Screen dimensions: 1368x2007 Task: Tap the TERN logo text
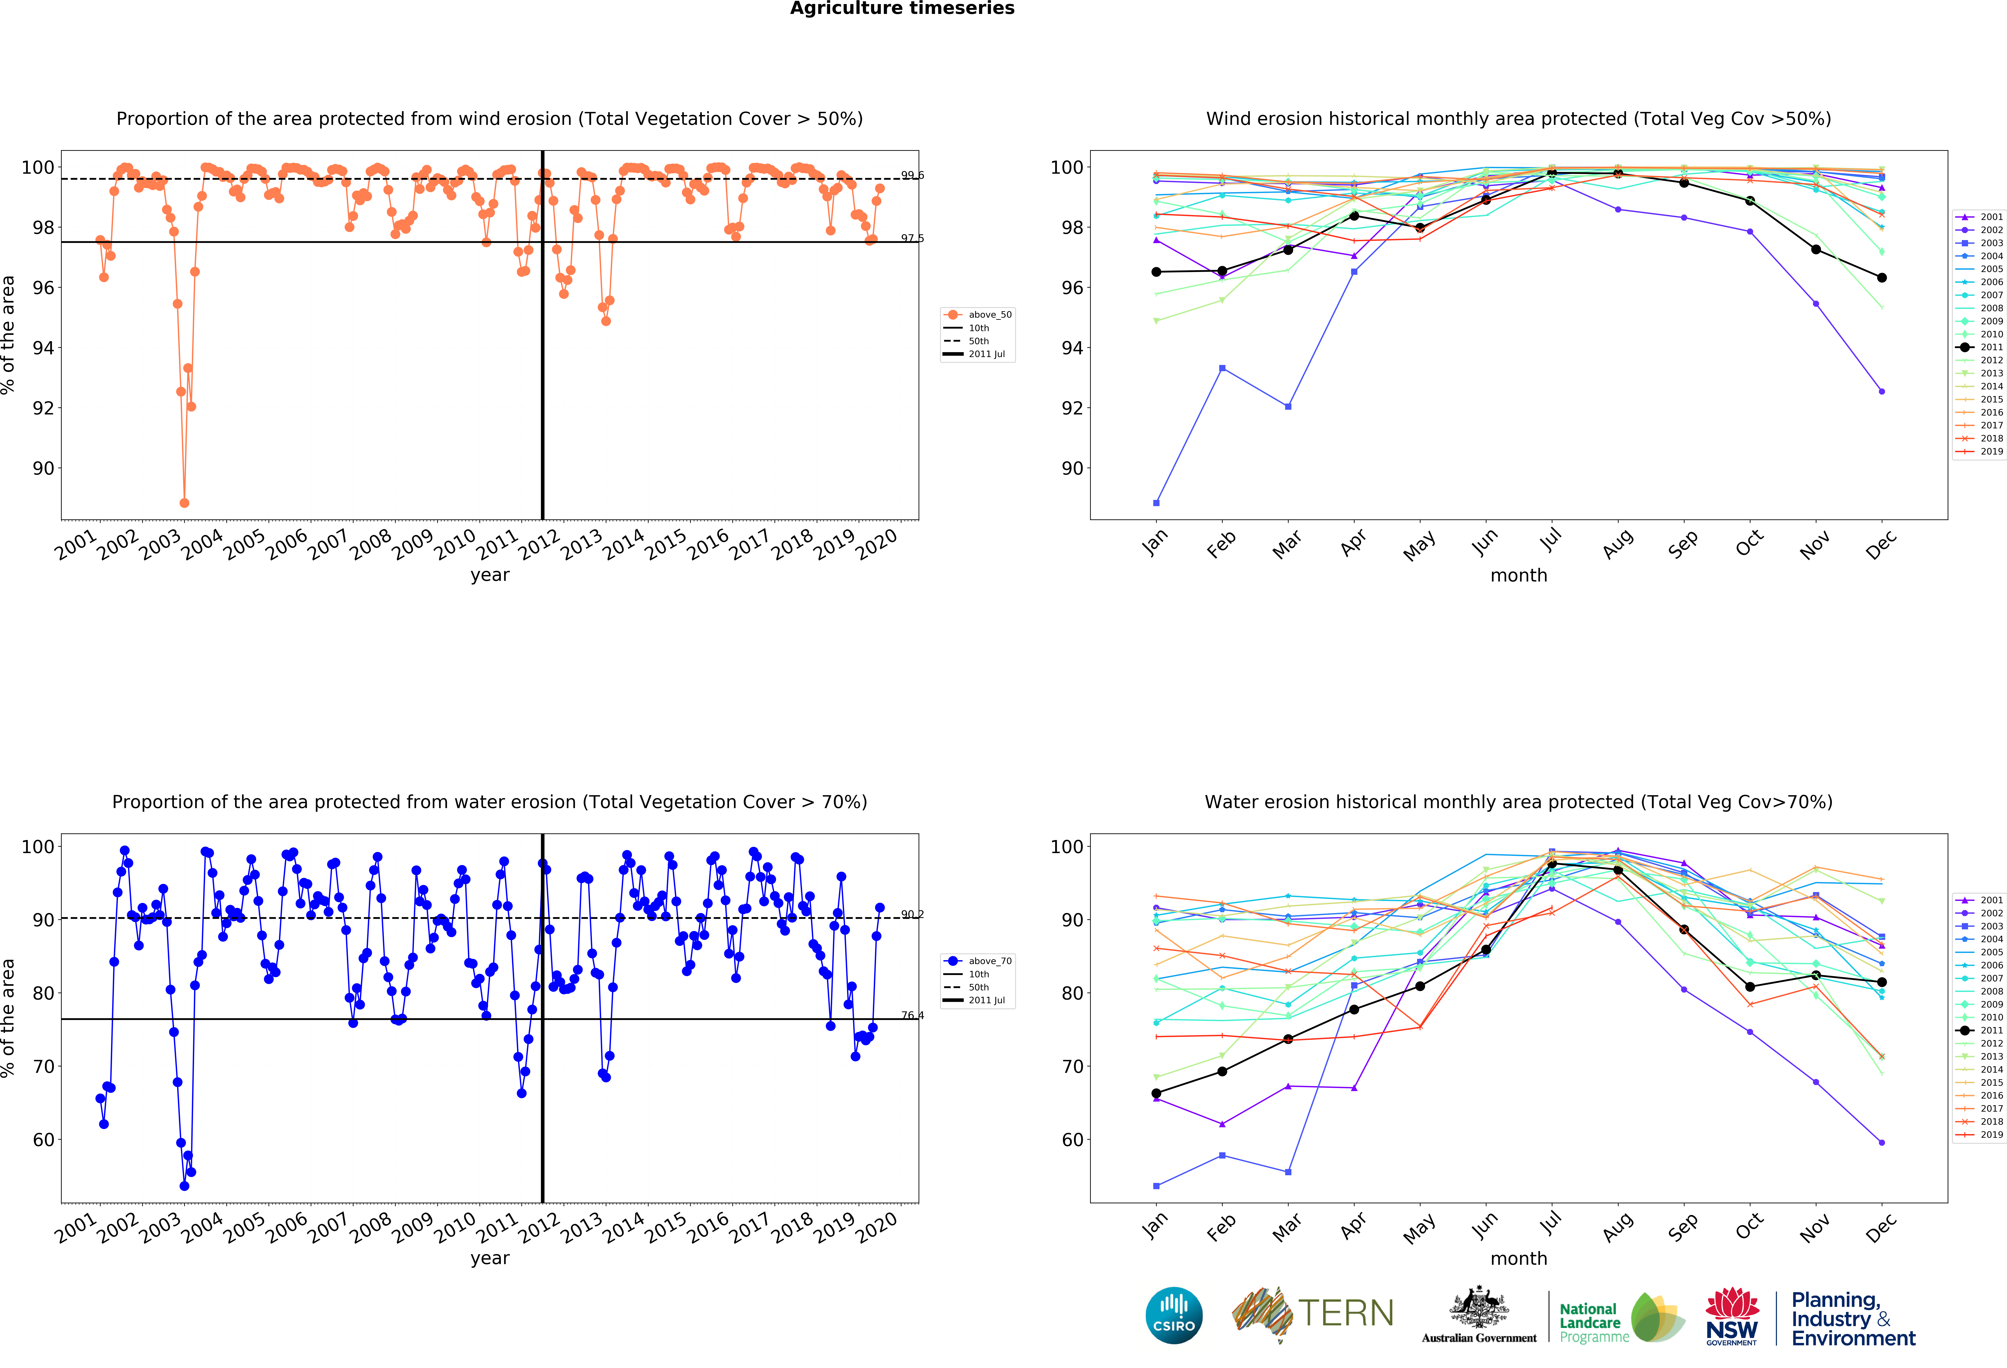[x=1346, y=1314]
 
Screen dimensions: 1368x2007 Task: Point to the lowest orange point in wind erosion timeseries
[x=184, y=503]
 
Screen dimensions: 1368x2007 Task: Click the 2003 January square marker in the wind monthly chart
[x=1156, y=503]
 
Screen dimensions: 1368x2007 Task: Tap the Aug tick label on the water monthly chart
[x=1618, y=1226]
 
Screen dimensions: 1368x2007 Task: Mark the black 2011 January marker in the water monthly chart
[x=1156, y=1093]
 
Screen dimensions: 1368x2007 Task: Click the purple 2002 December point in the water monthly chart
[x=1882, y=1143]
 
